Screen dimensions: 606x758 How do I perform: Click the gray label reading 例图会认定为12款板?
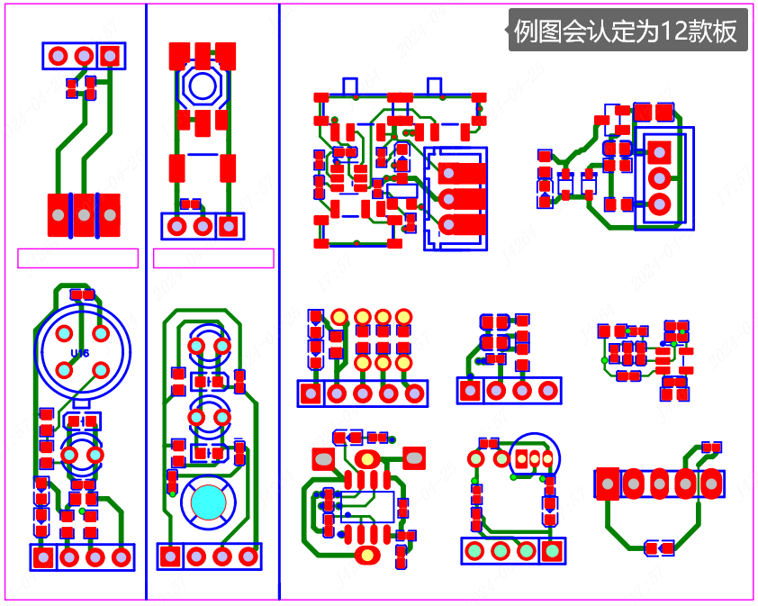tap(627, 32)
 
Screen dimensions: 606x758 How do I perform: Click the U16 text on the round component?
tap(79, 354)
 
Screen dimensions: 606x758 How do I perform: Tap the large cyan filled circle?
tap(208, 501)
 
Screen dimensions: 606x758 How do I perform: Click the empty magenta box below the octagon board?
tap(213, 258)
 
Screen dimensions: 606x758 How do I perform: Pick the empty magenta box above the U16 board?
tap(77, 258)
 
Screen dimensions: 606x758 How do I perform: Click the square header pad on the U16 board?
tap(42, 557)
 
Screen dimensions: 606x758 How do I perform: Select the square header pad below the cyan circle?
tap(170, 556)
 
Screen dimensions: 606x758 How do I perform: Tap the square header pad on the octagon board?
tap(230, 225)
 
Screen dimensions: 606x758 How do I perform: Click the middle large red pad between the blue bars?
tap(84, 215)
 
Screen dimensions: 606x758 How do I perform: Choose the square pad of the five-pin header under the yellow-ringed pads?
tap(311, 393)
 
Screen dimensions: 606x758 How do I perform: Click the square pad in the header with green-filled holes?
tap(552, 550)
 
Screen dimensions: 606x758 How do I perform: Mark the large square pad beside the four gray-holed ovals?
tap(609, 484)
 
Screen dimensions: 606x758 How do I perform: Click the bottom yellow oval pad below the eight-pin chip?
tap(367, 554)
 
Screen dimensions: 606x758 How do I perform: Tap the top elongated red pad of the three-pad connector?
tap(461, 172)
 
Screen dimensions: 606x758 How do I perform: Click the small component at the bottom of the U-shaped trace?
tap(660, 547)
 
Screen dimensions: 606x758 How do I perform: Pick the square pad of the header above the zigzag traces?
tap(110, 56)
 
